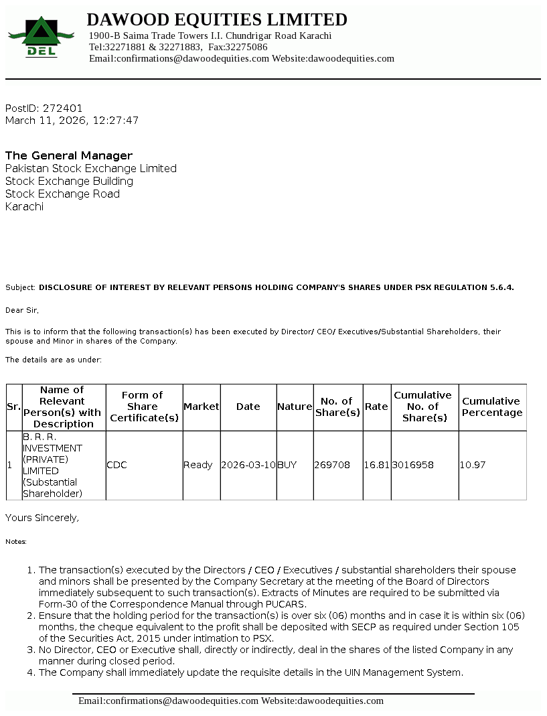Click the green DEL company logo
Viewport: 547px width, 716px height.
coord(42,37)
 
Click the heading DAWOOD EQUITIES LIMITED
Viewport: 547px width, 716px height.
coord(217,19)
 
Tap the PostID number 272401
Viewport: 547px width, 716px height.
coord(63,108)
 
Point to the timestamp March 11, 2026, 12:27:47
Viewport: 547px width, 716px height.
coord(72,121)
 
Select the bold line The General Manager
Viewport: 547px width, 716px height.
coord(69,155)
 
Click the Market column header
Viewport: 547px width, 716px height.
coord(202,407)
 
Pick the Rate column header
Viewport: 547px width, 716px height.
coord(377,407)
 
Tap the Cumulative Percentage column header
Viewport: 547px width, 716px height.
coord(492,407)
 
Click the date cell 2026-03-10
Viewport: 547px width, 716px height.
coord(248,465)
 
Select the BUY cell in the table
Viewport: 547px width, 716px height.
coord(287,465)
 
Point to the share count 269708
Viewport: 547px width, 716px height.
coord(332,465)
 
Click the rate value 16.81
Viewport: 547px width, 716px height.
coord(377,465)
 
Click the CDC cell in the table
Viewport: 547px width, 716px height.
coord(117,465)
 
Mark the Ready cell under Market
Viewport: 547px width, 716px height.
coord(198,465)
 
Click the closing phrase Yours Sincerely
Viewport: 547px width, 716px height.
coord(42,518)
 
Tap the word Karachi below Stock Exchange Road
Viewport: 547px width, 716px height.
coord(25,206)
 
